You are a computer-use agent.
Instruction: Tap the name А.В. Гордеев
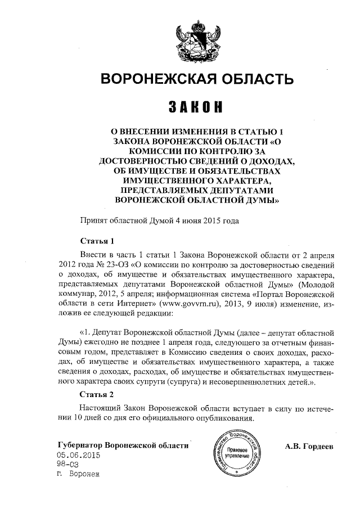tap(309, 446)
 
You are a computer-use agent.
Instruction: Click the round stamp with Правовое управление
tap(237, 457)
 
